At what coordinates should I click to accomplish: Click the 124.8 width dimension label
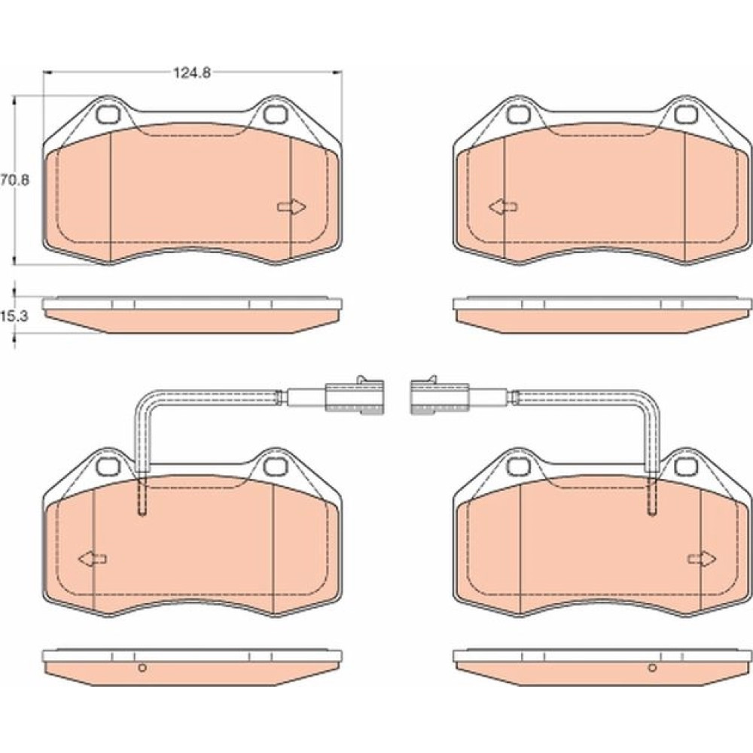pos(191,73)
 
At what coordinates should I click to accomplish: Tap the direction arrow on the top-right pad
pos(503,207)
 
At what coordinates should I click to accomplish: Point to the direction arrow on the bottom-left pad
pos(92,559)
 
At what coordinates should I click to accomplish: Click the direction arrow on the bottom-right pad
pos(702,559)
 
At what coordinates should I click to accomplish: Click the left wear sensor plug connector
pos(355,396)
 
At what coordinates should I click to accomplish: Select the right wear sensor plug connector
pos(439,396)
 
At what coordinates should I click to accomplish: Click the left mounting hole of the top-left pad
pos(108,114)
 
